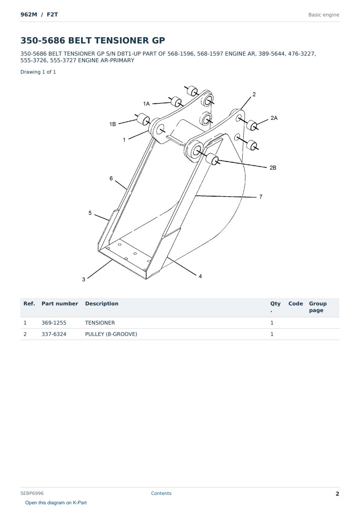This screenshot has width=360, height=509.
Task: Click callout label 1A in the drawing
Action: click(146, 104)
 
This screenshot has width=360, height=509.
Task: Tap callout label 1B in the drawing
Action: click(113, 124)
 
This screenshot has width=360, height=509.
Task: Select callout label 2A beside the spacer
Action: click(274, 118)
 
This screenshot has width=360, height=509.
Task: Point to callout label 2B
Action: click(273, 168)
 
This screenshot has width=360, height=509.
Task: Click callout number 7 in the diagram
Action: click(261, 197)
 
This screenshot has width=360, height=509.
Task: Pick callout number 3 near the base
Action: click(84, 280)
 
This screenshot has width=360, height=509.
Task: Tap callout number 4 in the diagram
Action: click(200, 276)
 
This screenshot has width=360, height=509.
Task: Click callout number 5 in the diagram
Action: click(90, 213)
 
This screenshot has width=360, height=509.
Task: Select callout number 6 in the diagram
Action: click(111, 179)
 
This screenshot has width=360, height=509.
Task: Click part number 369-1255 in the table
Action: click(54, 323)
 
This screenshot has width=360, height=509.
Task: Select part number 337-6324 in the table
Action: click(54, 334)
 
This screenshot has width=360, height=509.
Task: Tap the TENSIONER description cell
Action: click(100, 323)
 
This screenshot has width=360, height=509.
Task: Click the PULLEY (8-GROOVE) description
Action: click(111, 334)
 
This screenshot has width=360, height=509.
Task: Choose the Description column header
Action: click(102, 303)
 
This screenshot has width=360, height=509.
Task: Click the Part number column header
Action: click(60, 303)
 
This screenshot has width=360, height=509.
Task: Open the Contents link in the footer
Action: click(161, 493)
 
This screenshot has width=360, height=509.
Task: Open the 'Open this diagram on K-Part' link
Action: click(56, 502)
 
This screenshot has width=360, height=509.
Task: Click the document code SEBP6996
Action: click(32, 493)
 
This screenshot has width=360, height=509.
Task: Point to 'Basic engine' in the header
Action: click(324, 15)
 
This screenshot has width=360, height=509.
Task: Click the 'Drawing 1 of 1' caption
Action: click(38, 72)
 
